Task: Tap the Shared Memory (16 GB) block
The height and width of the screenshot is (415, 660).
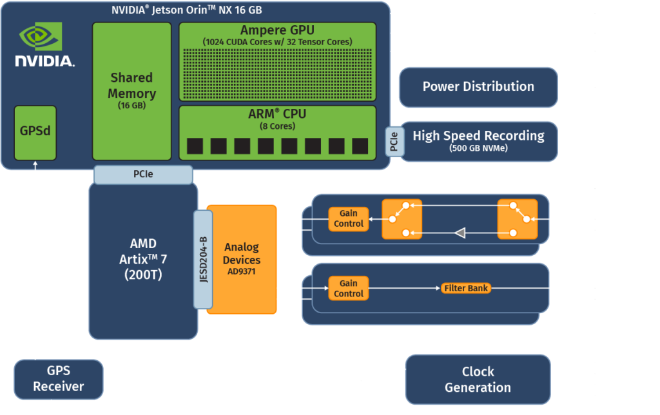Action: pyautogui.click(x=131, y=90)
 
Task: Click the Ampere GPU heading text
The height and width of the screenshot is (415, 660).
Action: pyautogui.click(x=277, y=30)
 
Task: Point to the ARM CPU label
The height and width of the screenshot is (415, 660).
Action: pyautogui.click(x=277, y=114)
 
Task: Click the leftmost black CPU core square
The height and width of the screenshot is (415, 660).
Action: pyautogui.click(x=195, y=146)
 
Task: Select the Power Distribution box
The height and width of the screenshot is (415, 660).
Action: pyautogui.click(x=478, y=86)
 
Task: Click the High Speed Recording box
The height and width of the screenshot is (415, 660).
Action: pyautogui.click(x=478, y=140)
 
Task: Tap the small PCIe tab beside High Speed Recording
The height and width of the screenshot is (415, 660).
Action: pyautogui.click(x=394, y=140)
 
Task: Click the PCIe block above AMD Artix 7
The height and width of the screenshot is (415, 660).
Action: pyautogui.click(x=143, y=174)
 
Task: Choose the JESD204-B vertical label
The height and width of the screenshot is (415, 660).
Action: pyautogui.click(x=203, y=259)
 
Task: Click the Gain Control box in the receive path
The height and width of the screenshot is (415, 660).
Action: pyautogui.click(x=348, y=218)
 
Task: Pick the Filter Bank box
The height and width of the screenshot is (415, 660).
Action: pyautogui.click(x=465, y=288)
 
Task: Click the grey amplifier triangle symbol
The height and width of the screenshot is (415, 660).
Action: pyautogui.click(x=460, y=233)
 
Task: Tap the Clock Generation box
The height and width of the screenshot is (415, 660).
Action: pyautogui.click(x=478, y=379)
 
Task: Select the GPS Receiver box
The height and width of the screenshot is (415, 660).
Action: pyautogui.click(x=58, y=378)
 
